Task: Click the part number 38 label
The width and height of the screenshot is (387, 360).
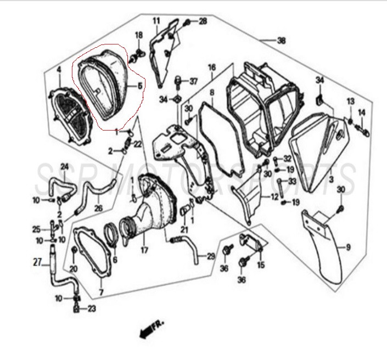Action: coord(281,41)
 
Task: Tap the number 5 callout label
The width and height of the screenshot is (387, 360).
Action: coord(140,86)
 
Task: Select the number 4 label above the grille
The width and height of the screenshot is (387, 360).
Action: coord(59,70)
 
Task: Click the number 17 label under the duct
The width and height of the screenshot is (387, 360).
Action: coord(144,250)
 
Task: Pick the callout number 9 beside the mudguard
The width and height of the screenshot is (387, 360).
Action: coord(348,247)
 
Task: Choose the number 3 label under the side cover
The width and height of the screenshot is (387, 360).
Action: coord(331,179)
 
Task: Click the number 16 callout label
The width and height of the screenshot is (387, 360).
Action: coord(212,67)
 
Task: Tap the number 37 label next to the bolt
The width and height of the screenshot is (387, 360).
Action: coord(194,81)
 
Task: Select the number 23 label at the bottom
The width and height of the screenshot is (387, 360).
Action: coord(92,308)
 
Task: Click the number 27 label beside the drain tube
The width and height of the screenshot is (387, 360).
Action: coord(37,262)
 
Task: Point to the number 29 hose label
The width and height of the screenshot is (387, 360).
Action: coord(211,257)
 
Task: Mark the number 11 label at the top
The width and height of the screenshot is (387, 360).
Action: coord(156,21)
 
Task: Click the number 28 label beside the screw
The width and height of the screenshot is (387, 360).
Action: coord(203,21)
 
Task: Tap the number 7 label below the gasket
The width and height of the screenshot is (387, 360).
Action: coord(101,292)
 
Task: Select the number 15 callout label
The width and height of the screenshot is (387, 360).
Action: coord(261,265)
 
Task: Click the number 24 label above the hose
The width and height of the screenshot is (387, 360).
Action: coord(64,167)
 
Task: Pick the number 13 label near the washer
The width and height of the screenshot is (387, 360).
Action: coord(351,102)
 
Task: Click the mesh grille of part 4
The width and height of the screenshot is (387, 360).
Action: coord(70,115)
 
